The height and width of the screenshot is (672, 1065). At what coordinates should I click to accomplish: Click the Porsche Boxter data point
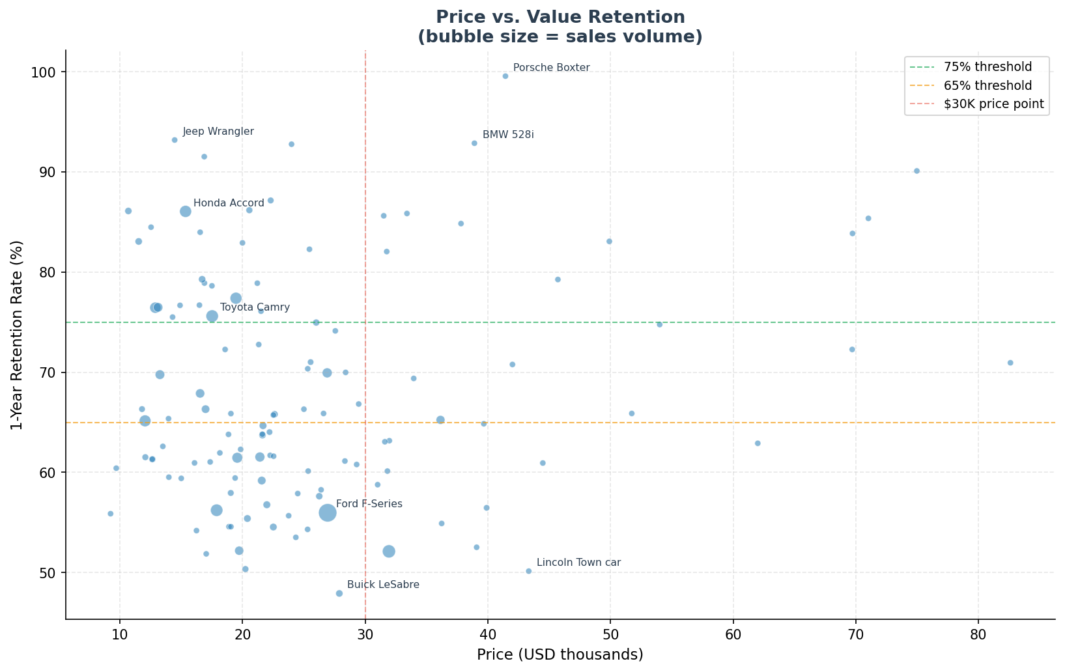(x=505, y=76)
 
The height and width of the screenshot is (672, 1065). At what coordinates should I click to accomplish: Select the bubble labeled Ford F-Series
(x=328, y=512)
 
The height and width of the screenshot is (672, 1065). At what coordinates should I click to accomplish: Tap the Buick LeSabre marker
(x=339, y=593)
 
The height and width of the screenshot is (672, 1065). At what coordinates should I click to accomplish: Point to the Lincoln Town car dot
(x=528, y=571)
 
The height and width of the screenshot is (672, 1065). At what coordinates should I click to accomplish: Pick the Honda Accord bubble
(x=186, y=212)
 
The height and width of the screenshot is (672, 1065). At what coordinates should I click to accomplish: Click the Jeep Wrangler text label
(x=218, y=132)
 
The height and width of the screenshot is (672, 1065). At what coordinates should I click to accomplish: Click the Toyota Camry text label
(x=255, y=307)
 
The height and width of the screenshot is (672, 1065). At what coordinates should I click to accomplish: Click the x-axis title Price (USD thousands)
(x=560, y=654)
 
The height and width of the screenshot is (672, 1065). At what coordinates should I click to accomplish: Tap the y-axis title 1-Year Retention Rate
(x=17, y=335)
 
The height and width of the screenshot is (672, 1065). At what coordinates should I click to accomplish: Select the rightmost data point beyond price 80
(x=1010, y=363)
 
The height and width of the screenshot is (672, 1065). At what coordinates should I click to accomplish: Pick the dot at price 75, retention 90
(x=916, y=171)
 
